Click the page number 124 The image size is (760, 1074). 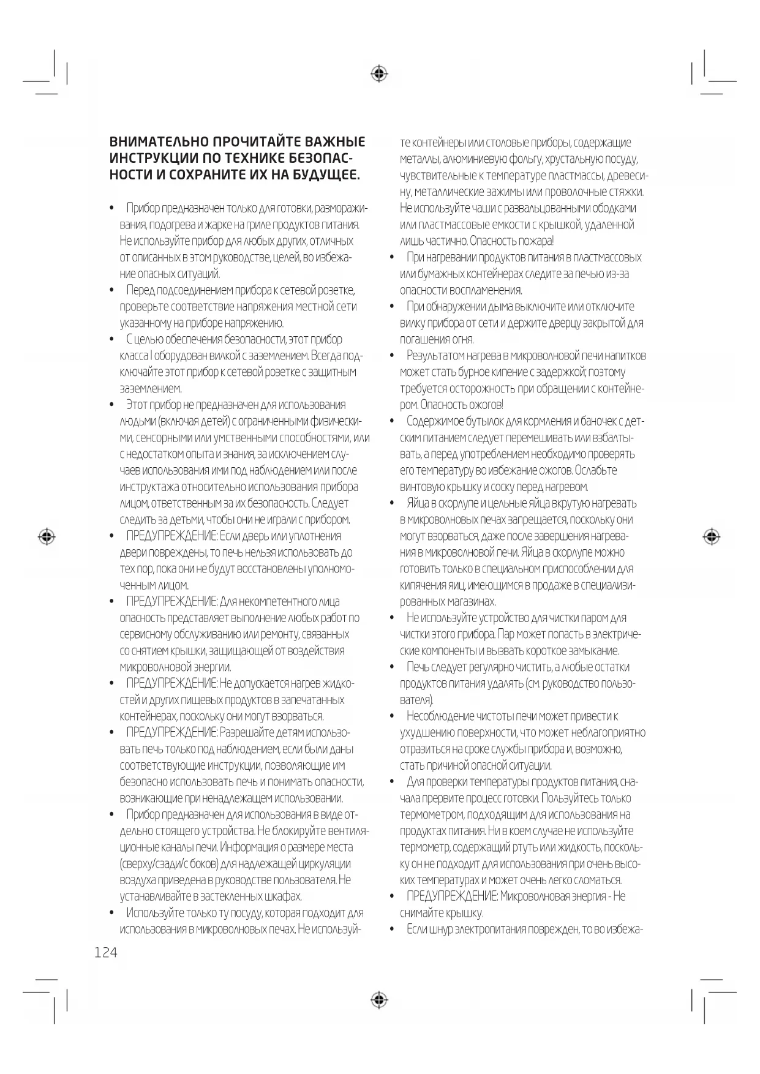click(x=106, y=952)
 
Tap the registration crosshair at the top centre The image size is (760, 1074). click(x=380, y=74)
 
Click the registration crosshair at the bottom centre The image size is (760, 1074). click(x=380, y=1000)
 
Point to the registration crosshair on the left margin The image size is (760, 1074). click(x=47, y=536)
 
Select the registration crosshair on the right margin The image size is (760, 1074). click(x=711, y=536)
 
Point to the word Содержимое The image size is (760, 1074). click(x=436, y=421)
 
